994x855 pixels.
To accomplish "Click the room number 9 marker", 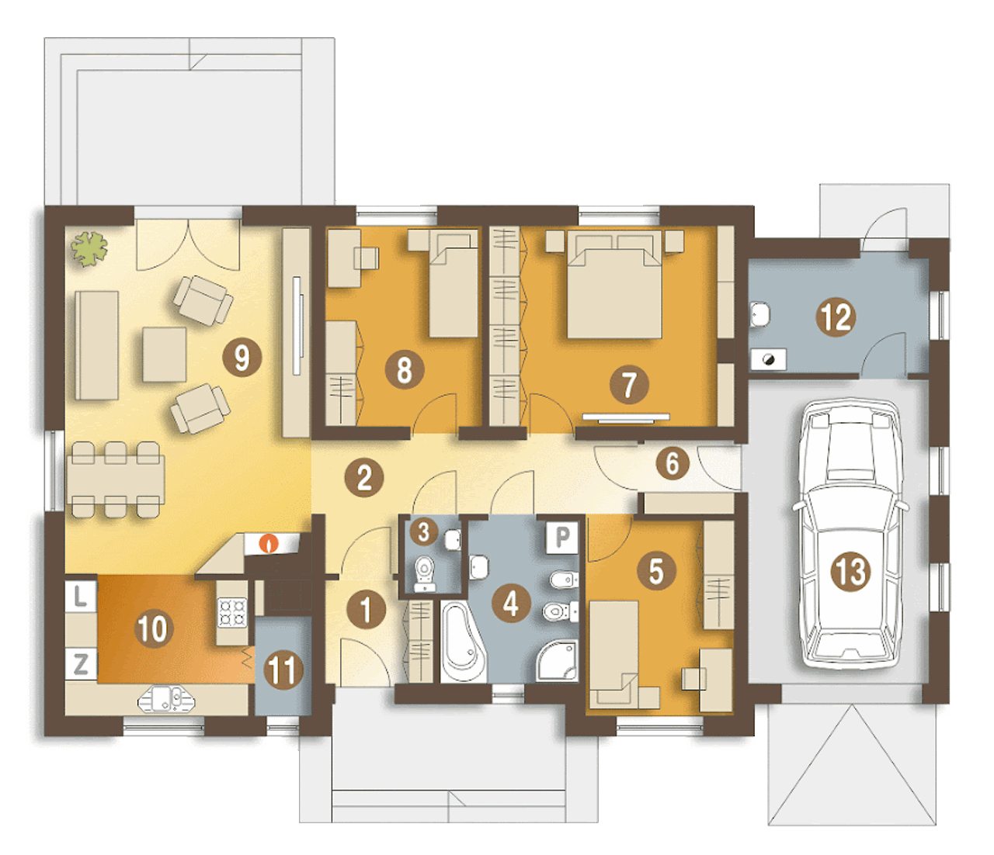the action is point(242,358).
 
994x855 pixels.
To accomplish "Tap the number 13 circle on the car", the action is point(850,572).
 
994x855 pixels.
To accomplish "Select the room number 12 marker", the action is point(836,317).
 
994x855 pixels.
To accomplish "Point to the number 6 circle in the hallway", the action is point(673,463).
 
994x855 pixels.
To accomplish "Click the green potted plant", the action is point(89,249).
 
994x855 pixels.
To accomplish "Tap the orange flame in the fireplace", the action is point(269,543).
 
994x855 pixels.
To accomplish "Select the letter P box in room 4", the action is point(562,536).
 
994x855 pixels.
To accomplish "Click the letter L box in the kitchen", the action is point(80,597).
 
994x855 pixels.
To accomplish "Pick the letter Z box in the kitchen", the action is point(80,664).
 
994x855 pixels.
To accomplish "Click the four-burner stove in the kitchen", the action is point(233,613).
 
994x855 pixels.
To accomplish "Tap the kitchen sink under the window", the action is point(167,699).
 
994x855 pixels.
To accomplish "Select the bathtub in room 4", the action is point(464,641).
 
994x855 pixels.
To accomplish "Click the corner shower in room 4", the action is point(557,661).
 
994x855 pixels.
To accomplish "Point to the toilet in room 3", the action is point(425,574).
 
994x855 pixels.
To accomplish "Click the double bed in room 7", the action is point(614,285).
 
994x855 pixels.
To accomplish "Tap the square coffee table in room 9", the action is point(165,355).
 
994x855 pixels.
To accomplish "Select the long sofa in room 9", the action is point(96,345).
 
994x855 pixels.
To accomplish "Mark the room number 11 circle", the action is point(283,670).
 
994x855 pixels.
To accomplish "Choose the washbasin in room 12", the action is point(759,315).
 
